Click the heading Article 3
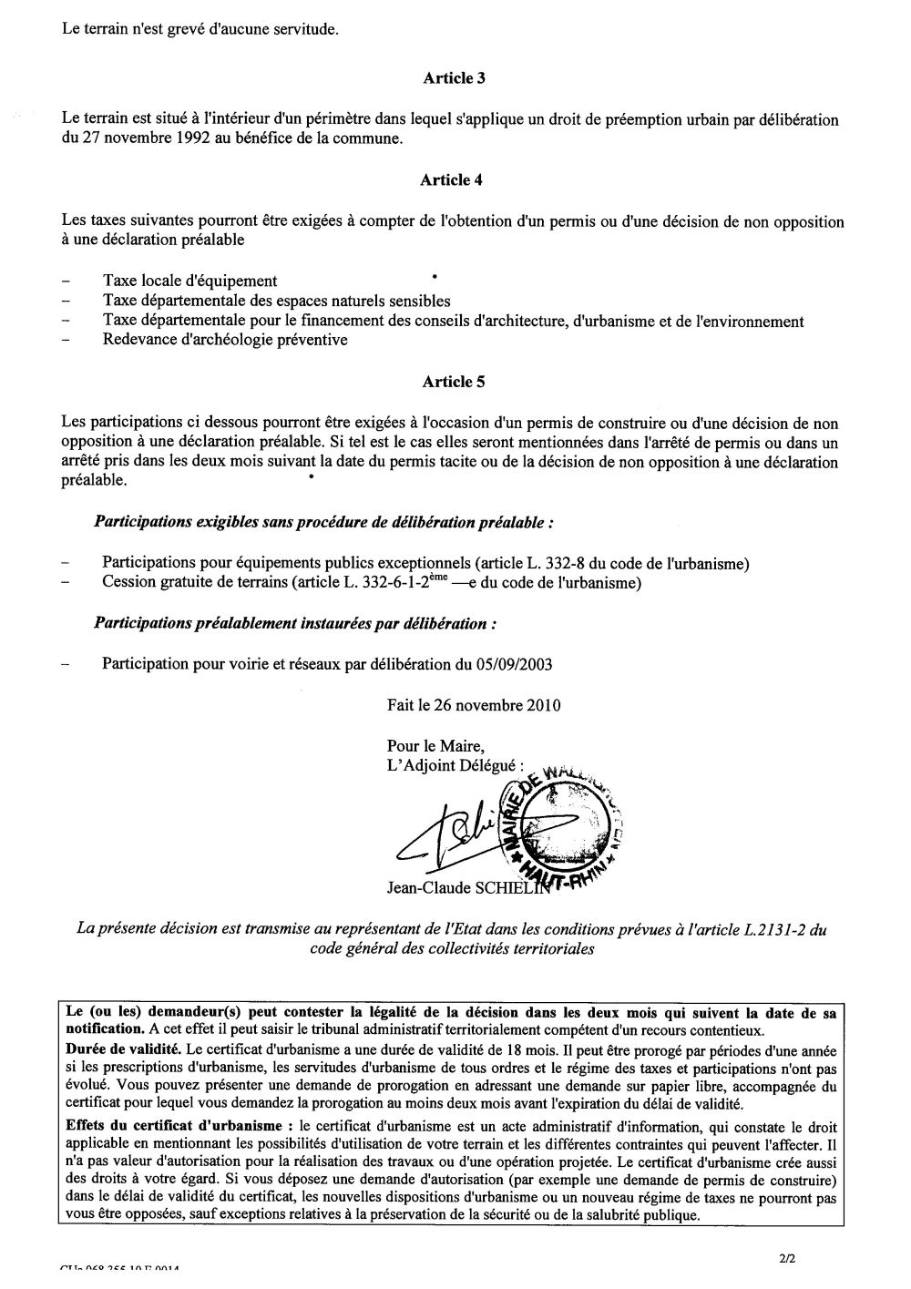[x=454, y=78]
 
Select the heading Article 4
[x=452, y=180]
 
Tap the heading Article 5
[x=454, y=383]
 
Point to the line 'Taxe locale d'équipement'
[x=190, y=281]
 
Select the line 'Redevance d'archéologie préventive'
[x=226, y=341]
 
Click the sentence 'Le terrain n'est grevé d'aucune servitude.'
[x=188, y=30]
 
